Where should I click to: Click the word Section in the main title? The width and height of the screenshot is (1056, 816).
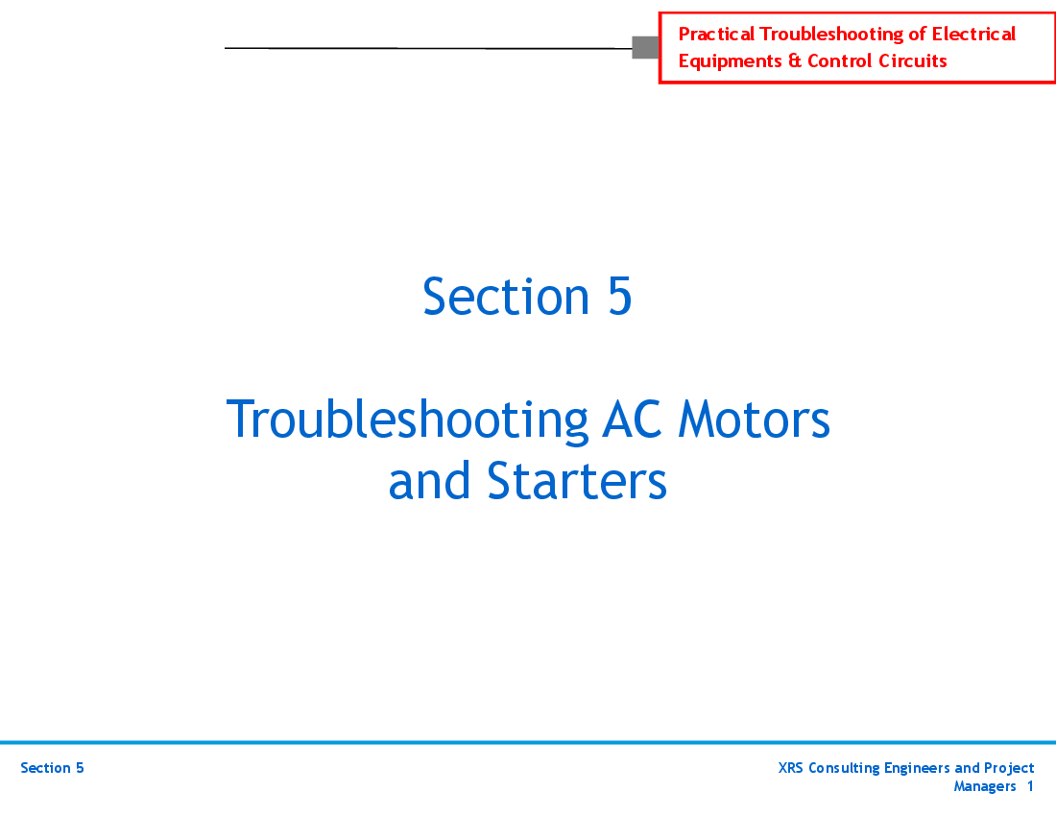coord(506,296)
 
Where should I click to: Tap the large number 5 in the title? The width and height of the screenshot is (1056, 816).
coord(619,296)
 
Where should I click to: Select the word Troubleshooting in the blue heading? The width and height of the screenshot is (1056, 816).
coord(406,420)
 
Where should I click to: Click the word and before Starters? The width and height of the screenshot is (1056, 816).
coord(430,481)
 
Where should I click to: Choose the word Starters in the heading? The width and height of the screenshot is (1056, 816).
coord(577,481)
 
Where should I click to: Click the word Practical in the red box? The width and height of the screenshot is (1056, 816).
coord(716,35)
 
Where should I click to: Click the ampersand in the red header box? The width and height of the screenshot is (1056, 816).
coord(795,61)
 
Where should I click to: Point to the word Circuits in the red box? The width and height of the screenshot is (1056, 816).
coord(912,61)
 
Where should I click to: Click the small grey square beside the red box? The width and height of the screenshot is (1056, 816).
coord(645,47)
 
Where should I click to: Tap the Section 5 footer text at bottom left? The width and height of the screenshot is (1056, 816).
coord(52,768)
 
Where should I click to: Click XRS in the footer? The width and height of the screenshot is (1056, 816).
coord(791,768)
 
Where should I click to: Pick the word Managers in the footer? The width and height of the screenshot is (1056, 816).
coord(984,787)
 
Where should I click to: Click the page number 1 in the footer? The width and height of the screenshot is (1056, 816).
coord(1030,787)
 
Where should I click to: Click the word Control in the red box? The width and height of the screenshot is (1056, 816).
coord(840,61)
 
